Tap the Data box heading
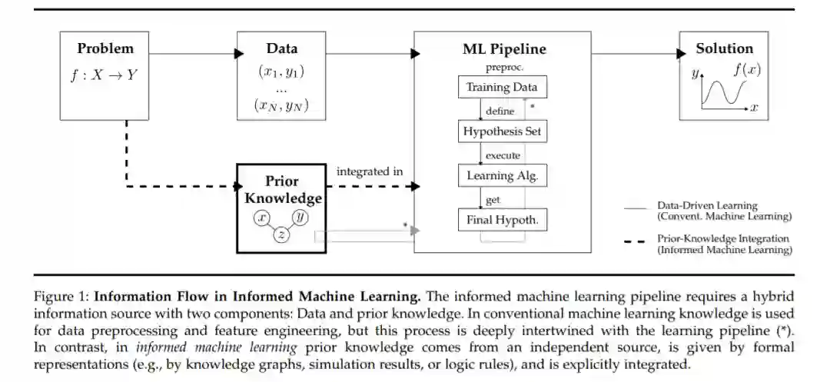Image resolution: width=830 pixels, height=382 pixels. pyautogui.click(x=281, y=48)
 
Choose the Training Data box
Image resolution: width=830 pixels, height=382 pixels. pyautogui.click(x=502, y=87)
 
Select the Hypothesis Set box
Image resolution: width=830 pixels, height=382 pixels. pyautogui.click(x=502, y=131)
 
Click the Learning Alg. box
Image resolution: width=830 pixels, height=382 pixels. pyautogui.click(x=502, y=176)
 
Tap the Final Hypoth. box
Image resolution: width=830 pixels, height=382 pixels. pyautogui.click(x=502, y=221)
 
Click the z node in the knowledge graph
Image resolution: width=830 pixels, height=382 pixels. pyautogui.click(x=281, y=235)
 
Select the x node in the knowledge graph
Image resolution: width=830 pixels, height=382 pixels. pyautogui.click(x=263, y=218)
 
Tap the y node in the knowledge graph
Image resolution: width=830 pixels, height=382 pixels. pyautogui.click(x=300, y=218)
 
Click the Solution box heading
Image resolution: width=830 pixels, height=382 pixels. pyautogui.click(x=724, y=48)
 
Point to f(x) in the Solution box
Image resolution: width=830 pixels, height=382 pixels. pyautogui.click(x=746, y=69)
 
